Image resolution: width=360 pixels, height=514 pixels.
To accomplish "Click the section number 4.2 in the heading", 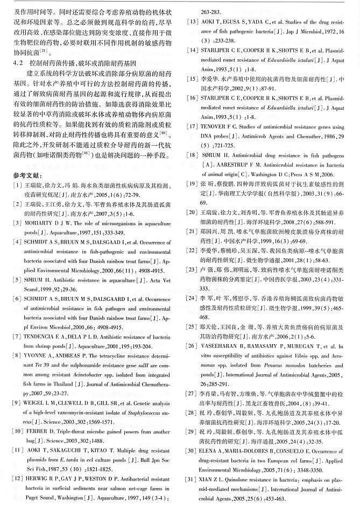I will [17, 63].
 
